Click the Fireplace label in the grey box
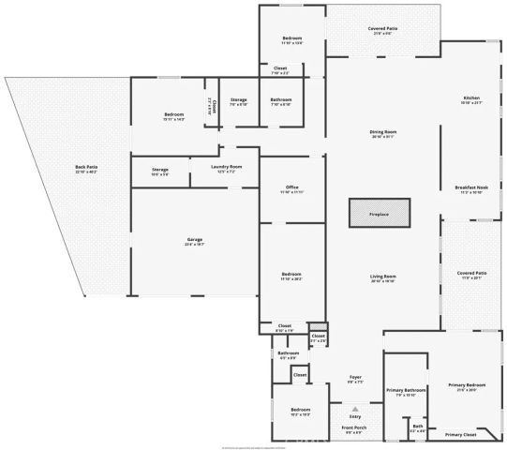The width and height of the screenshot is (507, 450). click(x=379, y=215)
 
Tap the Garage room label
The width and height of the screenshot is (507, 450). click(x=194, y=240)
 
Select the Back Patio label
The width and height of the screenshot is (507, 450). click(x=86, y=168)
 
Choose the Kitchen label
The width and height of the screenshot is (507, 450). click(x=470, y=98)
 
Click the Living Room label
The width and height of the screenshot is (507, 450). click(x=382, y=277)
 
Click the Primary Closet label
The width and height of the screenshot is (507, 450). click(x=460, y=435)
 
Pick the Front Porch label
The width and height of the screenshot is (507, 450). click(x=354, y=427)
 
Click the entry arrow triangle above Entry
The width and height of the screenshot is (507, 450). click(x=355, y=409)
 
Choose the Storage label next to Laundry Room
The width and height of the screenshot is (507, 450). click(x=159, y=169)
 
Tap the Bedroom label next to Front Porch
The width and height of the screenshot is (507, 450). click(x=300, y=410)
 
